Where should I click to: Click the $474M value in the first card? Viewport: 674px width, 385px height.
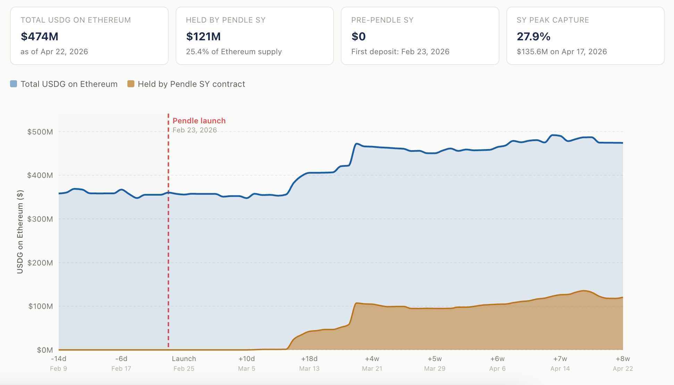(x=40, y=36)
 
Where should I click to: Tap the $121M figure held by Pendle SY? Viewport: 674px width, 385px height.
(x=203, y=36)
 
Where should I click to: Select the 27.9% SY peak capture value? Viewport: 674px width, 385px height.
(x=534, y=36)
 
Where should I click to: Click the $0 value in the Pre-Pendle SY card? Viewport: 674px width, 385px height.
(x=359, y=36)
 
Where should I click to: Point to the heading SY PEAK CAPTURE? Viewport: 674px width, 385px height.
(x=553, y=20)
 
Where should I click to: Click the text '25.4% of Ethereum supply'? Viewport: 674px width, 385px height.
(x=234, y=52)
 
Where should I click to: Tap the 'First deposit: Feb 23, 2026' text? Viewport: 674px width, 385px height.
(x=400, y=52)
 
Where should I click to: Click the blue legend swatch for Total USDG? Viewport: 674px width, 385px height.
(x=14, y=84)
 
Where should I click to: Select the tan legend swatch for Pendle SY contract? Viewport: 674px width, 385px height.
(x=131, y=84)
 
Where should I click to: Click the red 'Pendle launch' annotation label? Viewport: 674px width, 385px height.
(x=199, y=121)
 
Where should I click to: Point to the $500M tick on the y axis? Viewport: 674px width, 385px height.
(x=40, y=132)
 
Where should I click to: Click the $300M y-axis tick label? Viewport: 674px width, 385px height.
(x=40, y=219)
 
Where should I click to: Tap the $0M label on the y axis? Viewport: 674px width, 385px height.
(x=45, y=350)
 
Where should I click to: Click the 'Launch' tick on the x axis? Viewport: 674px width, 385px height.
(x=184, y=359)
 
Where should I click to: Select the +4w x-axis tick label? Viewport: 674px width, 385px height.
(x=372, y=359)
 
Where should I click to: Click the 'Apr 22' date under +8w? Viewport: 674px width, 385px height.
(x=623, y=369)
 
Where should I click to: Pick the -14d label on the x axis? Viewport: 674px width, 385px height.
(x=59, y=359)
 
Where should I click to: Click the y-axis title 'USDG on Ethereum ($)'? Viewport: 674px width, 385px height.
(x=20, y=232)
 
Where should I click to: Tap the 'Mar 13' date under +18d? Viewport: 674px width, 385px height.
(x=309, y=369)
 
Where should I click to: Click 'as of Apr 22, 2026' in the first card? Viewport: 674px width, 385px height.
(x=54, y=52)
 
